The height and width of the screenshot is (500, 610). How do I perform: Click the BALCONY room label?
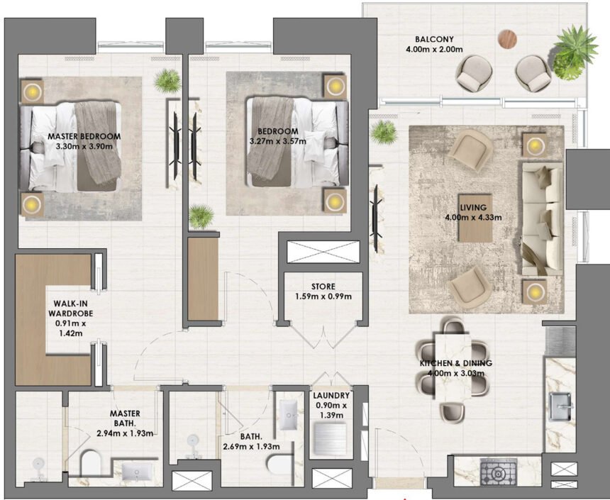pyautogui.click(x=434, y=39)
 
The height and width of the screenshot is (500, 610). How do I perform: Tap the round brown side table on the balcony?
pyautogui.click(x=508, y=38)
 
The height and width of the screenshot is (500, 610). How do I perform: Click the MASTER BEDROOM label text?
pyautogui.click(x=84, y=135)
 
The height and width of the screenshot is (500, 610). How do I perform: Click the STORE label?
pyautogui.click(x=323, y=287)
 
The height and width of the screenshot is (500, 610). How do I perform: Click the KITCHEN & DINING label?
pyautogui.click(x=455, y=363)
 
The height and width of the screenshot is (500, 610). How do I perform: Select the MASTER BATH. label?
pyautogui.click(x=125, y=413)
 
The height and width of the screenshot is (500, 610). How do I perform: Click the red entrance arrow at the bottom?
pyautogui.click(x=404, y=497)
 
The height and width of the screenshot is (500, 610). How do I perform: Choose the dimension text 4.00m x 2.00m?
pyautogui.click(x=434, y=50)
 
